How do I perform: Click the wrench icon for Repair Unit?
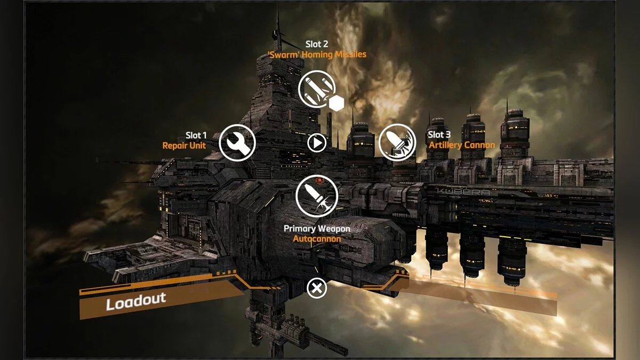point(237,142)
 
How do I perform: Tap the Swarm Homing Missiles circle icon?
point(317,89)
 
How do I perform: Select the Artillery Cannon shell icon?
point(397,142)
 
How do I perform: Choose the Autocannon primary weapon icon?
point(317,196)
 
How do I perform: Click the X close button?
point(317,289)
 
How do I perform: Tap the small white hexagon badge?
point(336,103)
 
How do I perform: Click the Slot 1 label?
point(196,135)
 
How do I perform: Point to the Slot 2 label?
point(317,44)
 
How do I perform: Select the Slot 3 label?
point(439,135)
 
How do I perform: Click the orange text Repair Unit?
point(184,145)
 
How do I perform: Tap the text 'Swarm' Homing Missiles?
point(317,54)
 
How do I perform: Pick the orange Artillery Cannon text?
point(462,145)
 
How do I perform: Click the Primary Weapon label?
point(317,229)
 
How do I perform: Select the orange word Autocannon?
point(317,238)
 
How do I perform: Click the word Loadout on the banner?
point(136,301)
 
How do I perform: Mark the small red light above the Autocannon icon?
point(318,180)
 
